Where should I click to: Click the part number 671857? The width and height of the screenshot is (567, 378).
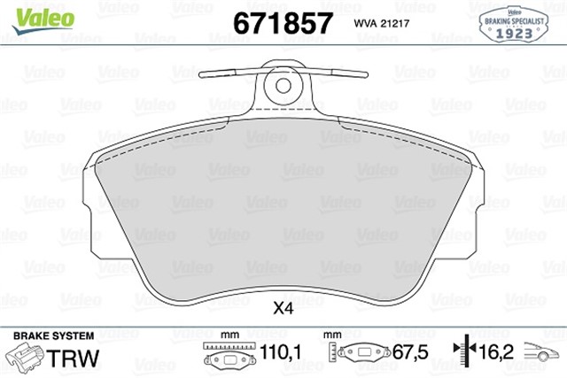coord(281,22)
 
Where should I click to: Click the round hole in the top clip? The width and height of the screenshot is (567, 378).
coord(283,86)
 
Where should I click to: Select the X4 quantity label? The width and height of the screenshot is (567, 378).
coord(283,309)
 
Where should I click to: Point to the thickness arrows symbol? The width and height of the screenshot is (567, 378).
coord(462,354)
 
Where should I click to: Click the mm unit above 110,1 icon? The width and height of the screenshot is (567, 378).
coord(229,336)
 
